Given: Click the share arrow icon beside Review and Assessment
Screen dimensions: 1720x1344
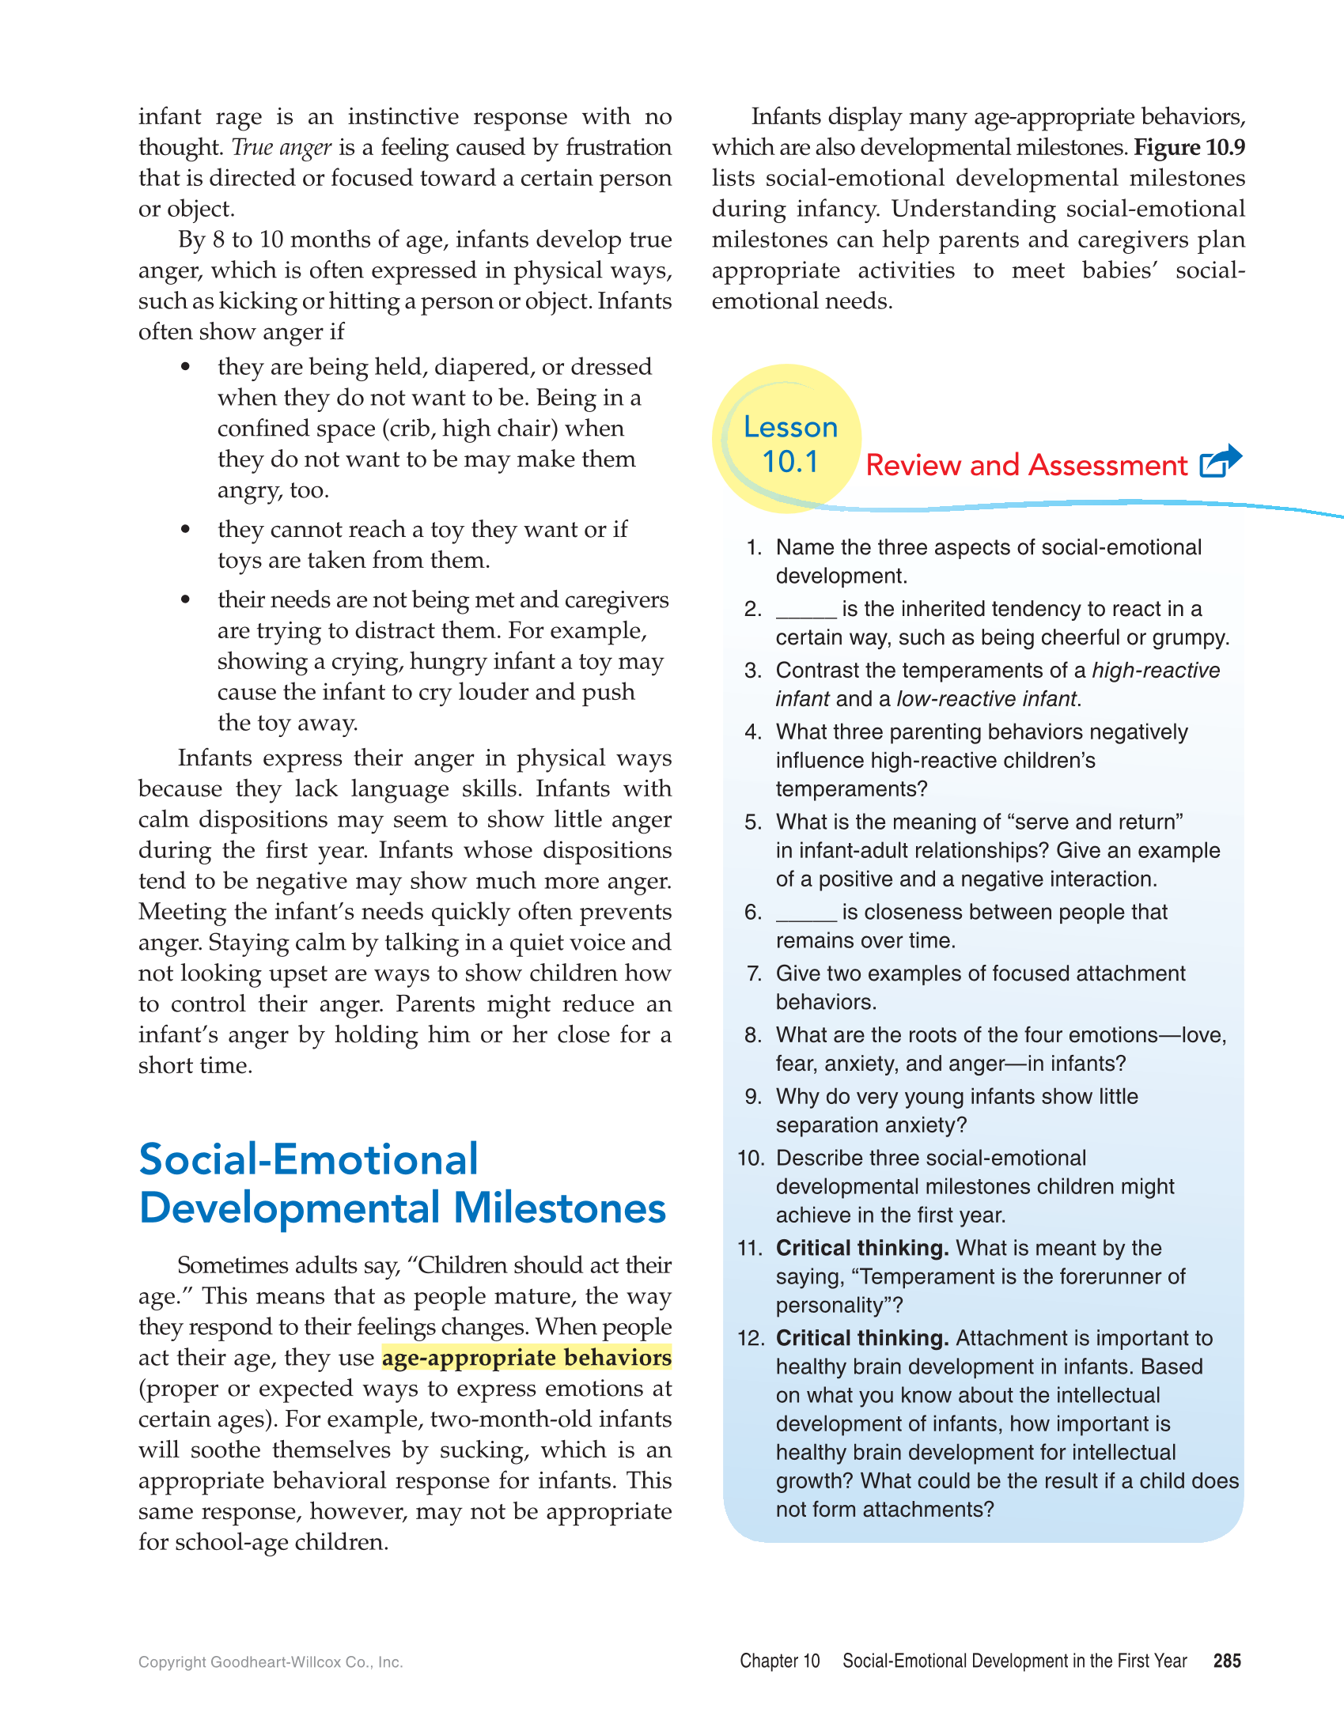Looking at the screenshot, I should tap(1221, 462).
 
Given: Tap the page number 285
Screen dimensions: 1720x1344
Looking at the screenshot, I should tap(1227, 1661).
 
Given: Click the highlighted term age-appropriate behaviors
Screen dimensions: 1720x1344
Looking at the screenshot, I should tap(527, 1358).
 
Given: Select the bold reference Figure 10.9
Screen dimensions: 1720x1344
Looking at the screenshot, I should tap(1190, 148).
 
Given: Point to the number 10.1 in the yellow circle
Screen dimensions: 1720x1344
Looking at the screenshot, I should tap(789, 462).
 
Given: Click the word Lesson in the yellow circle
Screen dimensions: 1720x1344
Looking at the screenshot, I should tap(790, 427).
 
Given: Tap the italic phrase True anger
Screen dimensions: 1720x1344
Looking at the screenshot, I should tap(282, 148).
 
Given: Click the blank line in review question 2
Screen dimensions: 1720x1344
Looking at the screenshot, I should tap(806, 611).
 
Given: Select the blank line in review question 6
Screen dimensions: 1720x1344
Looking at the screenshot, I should tap(806, 913).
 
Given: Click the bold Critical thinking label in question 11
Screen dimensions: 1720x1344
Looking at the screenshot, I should tap(861, 1248).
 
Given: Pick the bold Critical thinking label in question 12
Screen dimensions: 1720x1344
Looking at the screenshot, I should tap(861, 1338).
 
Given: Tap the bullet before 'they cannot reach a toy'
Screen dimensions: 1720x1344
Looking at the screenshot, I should tap(185, 529).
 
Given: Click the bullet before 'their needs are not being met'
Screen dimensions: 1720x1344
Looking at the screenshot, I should tap(185, 599).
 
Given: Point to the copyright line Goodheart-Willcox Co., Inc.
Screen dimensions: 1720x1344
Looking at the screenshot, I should tap(271, 1662).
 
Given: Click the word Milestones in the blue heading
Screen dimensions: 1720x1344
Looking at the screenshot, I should tap(559, 1208).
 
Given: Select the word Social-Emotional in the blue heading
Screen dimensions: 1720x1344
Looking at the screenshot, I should tap(309, 1160).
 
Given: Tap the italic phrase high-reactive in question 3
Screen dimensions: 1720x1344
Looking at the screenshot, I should tap(1156, 671).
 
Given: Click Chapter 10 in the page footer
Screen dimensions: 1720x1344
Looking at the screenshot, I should tap(779, 1661).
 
